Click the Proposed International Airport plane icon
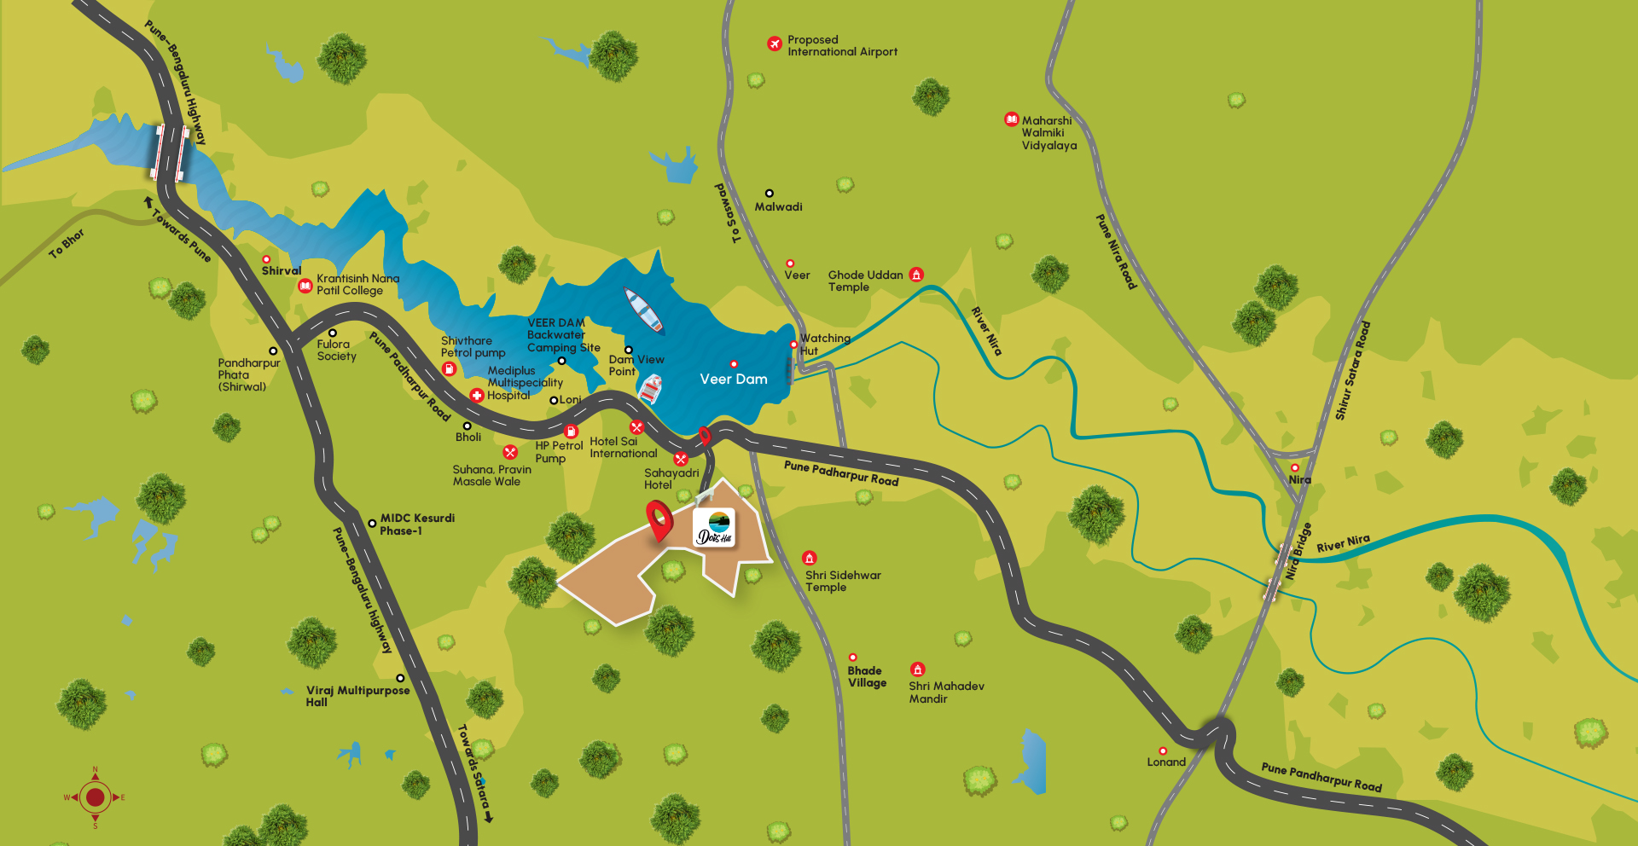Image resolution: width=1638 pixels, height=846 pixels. tap(775, 43)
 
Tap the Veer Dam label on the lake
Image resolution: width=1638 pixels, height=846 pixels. tap(734, 379)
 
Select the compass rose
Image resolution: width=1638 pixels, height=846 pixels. tap(95, 797)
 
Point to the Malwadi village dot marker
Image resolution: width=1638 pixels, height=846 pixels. tap(769, 194)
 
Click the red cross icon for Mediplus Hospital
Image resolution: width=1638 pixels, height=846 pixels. tap(477, 396)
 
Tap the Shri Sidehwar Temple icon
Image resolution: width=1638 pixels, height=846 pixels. tap(810, 559)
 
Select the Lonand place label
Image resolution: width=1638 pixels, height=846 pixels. tap(1166, 762)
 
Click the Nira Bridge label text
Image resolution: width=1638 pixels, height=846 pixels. tap(1298, 552)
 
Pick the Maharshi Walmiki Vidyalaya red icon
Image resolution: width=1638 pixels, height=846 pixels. tap(1011, 119)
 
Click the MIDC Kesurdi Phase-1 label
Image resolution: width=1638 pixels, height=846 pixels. tap(416, 524)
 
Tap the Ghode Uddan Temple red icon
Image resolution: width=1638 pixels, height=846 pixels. tap(916, 275)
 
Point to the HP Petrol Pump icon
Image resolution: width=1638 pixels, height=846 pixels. tap(572, 432)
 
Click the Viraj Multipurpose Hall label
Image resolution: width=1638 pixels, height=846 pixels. tap(357, 696)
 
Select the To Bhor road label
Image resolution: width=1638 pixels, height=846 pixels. tap(67, 243)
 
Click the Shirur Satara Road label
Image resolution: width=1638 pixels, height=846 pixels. tap(1353, 370)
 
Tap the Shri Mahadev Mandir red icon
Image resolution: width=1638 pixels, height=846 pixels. tap(917, 669)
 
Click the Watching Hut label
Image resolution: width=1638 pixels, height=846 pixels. tap(824, 345)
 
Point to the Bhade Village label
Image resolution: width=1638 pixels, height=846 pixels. tap(867, 677)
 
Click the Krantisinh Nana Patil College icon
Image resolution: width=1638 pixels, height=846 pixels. tap(305, 286)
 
